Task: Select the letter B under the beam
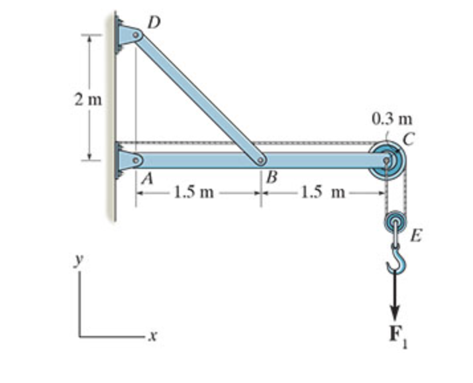coord(272,178)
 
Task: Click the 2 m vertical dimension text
coord(88,101)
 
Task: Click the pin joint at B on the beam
coord(262,160)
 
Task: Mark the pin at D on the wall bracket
coord(136,34)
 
